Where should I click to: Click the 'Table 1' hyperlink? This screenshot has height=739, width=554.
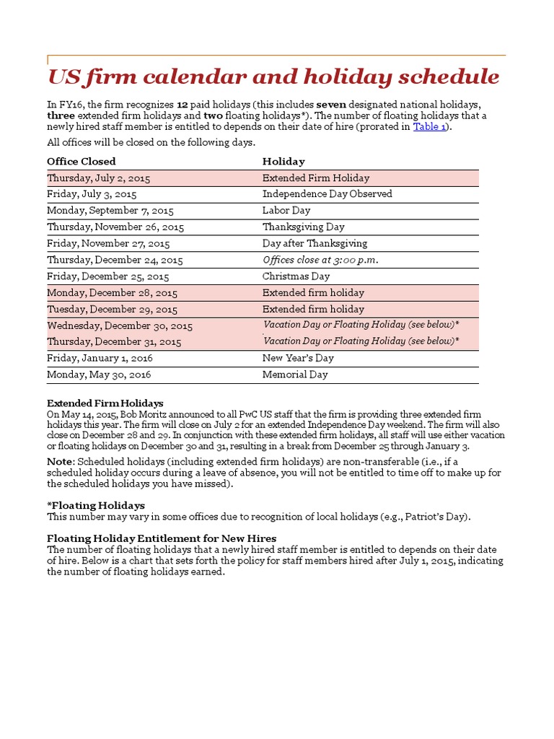(x=429, y=127)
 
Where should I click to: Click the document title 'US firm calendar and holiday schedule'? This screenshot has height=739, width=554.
(x=273, y=76)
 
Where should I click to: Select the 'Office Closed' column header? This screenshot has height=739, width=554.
(x=82, y=162)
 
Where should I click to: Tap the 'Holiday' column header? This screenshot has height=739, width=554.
(x=283, y=162)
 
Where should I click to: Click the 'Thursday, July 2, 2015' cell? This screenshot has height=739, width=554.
(x=99, y=178)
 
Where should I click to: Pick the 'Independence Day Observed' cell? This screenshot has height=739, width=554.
(x=327, y=194)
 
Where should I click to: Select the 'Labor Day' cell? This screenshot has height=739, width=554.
(x=286, y=211)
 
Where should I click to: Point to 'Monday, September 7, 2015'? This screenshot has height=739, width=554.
(x=110, y=211)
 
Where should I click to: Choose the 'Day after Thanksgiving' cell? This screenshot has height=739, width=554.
(x=315, y=244)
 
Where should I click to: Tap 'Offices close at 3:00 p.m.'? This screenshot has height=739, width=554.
(x=320, y=261)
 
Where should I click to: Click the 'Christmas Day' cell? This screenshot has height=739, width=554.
(x=296, y=277)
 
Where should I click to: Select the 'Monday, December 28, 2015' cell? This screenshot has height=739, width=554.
(x=112, y=293)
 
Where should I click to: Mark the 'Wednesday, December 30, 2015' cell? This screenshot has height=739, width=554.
(x=120, y=326)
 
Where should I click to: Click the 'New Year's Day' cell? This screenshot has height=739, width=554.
(x=298, y=359)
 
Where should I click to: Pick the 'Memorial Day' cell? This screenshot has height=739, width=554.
(x=295, y=375)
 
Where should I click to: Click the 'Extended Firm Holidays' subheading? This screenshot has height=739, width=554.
(x=105, y=403)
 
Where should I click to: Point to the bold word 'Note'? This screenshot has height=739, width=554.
(x=60, y=462)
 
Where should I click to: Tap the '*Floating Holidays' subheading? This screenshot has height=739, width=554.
(x=96, y=506)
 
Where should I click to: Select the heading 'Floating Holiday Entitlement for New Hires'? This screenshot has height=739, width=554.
(x=162, y=539)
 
